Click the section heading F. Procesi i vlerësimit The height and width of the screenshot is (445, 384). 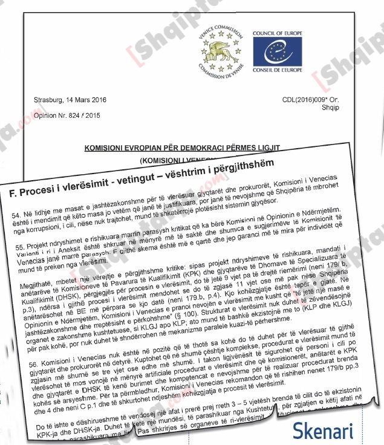pyautogui.click(x=60, y=189)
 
